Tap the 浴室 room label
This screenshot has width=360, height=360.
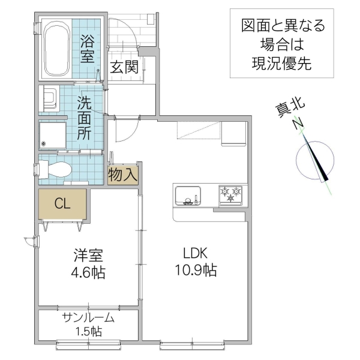click(x=89, y=49)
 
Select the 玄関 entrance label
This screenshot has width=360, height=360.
click(x=124, y=67)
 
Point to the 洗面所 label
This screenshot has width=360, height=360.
click(x=84, y=118)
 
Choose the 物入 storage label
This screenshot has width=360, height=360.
click(x=123, y=174)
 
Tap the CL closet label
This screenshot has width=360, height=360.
click(x=62, y=203)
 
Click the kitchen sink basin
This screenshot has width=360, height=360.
click(x=188, y=196)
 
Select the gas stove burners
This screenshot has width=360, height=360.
click(x=232, y=194)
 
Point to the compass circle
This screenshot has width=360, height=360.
click(x=314, y=159)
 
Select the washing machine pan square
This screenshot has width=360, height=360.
click(x=53, y=135)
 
